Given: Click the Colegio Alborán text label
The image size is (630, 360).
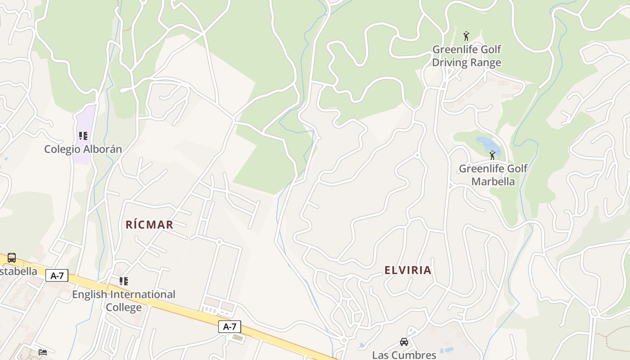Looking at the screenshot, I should [83, 149].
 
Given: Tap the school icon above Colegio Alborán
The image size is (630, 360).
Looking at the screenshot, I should [83, 135].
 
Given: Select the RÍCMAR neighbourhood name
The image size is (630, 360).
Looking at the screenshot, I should [149, 225].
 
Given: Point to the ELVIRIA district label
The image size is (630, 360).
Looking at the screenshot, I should [408, 270].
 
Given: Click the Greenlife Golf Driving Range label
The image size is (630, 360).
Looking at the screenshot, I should [467, 56].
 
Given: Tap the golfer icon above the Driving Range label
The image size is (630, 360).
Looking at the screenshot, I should [466, 36].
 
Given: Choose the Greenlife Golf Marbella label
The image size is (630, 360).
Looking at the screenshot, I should [493, 175].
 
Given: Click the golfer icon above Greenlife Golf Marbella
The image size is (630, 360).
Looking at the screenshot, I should [492, 155].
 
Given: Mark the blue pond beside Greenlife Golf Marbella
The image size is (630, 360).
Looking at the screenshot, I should [486, 144].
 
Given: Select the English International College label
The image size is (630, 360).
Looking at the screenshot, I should [124, 301].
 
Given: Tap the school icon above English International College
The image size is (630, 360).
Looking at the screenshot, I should [124, 281].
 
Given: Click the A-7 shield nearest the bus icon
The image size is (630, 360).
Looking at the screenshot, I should [57, 275].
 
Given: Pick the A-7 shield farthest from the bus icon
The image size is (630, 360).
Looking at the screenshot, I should [229, 327].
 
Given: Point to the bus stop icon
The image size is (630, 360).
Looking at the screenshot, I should [12, 258].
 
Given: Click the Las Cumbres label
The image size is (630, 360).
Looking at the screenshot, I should [404, 355].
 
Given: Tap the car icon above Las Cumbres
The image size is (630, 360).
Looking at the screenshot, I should [404, 342].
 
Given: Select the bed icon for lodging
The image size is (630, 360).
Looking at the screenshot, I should [43, 352].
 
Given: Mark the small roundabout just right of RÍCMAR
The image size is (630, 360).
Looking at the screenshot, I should [219, 242].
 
